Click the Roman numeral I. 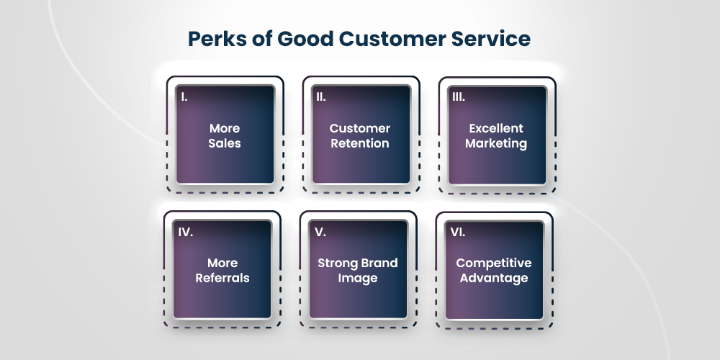coord(185,96)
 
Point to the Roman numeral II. coord(322,96)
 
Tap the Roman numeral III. coord(459,96)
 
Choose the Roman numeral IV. coord(186,232)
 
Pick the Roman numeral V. coord(320,232)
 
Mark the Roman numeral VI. coord(458,232)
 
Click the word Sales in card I coord(225,143)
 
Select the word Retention coord(360,143)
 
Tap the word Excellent coord(496,128)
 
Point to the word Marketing coord(496,143)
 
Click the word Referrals coord(222,278)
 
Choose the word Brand coord(379,263)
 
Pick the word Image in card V coord(358,278)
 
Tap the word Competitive coord(494,263)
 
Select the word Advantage coord(494,278)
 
